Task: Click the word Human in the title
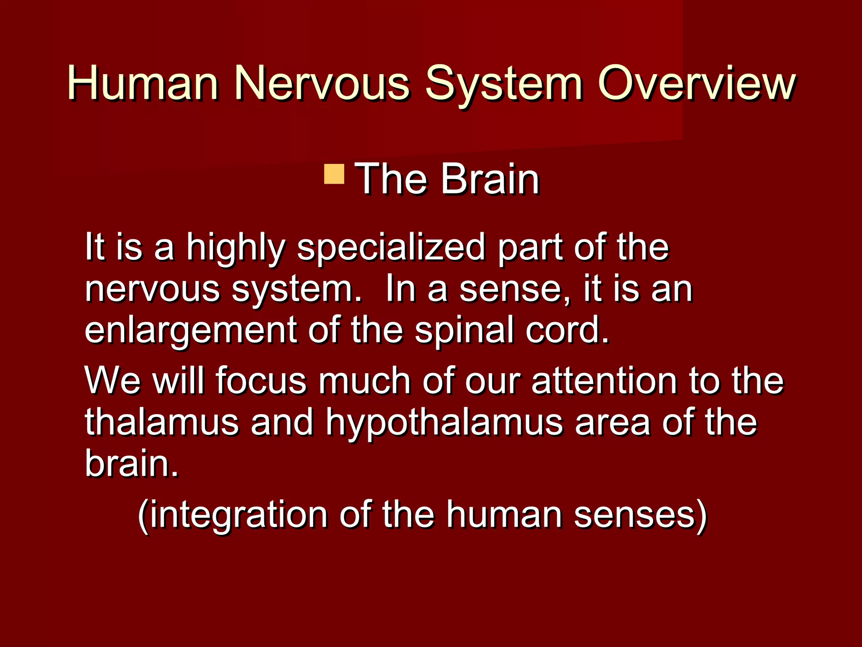tap(143, 83)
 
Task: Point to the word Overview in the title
tap(697, 83)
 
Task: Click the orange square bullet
tap(334, 174)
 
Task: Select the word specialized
tap(391, 249)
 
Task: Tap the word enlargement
tap(191, 331)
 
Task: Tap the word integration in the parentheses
tap(238, 515)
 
